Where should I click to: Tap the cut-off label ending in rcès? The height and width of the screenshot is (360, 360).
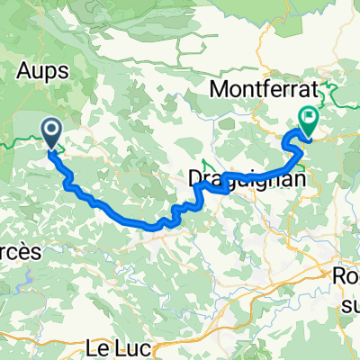click(x=19, y=254)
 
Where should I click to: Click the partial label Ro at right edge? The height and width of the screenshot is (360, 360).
click(x=346, y=276)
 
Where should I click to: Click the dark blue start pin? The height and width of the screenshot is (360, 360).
click(x=50, y=134)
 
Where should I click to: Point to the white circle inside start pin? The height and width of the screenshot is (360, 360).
click(x=50, y=130)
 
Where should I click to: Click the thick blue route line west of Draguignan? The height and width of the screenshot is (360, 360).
click(x=126, y=217)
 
